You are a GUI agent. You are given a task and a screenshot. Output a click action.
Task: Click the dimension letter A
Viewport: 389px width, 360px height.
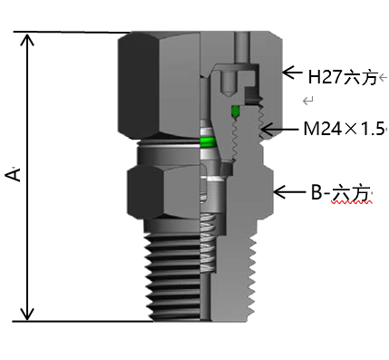tap(14, 175)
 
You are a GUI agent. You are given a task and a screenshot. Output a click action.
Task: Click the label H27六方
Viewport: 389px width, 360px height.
tap(341, 77)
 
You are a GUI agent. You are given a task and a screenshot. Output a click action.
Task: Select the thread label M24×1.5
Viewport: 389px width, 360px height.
tap(344, 129)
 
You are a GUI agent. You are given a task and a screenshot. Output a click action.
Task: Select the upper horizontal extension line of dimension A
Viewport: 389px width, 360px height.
tap(73, 34)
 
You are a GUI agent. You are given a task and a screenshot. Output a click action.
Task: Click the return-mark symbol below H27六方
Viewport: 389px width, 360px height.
tap(309, 100)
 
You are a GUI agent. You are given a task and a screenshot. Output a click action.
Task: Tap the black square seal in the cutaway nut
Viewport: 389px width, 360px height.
tap(254, 96)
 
